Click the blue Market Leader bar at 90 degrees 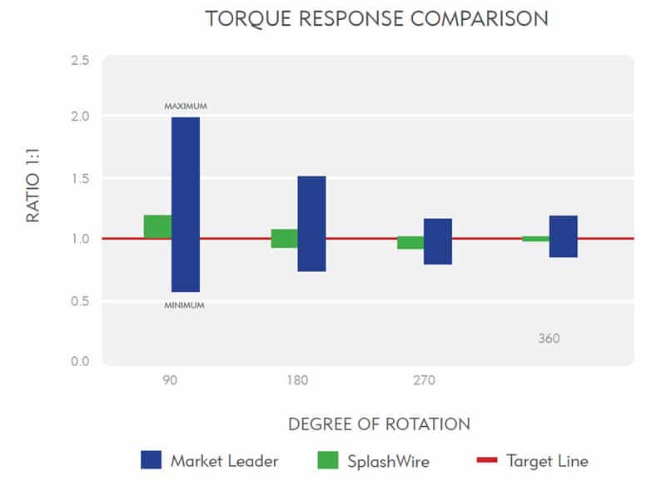click(185, 205)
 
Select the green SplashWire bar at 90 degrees click(157, 226)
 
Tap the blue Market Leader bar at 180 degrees click(311, 224)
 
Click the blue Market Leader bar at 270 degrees click(437, 241)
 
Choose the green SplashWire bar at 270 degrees click(410, 243)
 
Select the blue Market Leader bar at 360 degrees click(563, 236)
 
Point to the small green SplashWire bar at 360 click(535, 239)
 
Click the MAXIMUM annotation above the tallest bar click(185, 107)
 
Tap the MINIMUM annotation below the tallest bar click(184, 305)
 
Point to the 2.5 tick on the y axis click(79, 61)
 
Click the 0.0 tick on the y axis click(79, 361)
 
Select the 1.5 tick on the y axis click(79, 179)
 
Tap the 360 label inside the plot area click(549, 339)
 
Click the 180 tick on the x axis click(297, 381)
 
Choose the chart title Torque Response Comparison click(376, 19)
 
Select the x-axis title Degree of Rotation click(379, 424)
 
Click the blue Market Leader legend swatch click(151, 460)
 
